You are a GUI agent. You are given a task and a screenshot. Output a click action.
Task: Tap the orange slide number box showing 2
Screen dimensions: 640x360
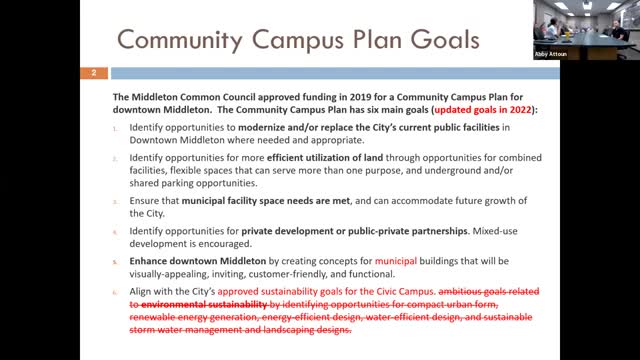[93, 73]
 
